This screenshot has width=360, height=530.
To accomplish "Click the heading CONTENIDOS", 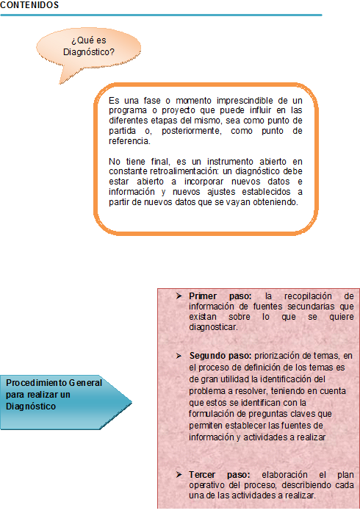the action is click(30, 5).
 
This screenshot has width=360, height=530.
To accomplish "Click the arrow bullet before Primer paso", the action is click(179, 296).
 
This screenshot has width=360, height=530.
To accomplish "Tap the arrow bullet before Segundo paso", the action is click(179, 356).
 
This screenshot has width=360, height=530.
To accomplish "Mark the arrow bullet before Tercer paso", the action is click(179, 475).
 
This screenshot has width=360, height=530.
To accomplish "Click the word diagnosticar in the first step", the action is click(212, 326).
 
